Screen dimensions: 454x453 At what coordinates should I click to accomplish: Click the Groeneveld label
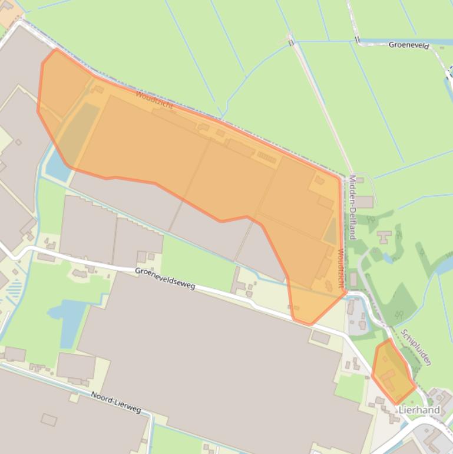pyautogui.click(x=409, y=45)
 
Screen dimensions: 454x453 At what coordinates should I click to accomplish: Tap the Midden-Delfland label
pyautogui.click(x=352, y=206)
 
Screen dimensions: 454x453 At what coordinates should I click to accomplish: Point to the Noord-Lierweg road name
pyautogui.click(x=116, y=402)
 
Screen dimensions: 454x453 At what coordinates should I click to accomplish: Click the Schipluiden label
pyautogui.click(x=416, y=347)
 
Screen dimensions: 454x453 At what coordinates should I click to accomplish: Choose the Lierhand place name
pyautogui.click(x=419, y=410)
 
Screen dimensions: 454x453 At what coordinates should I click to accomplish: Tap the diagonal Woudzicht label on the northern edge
pyautogui.click(x=154, y=100)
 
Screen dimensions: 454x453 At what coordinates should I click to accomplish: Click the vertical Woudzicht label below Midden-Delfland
pyautogui.click(x=341, y=268)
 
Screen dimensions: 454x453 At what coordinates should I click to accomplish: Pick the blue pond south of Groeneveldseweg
pyautogui.click(x=70, y=318)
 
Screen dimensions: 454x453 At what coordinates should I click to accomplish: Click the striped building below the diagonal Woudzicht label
pyautogui.click(x=266, y=157)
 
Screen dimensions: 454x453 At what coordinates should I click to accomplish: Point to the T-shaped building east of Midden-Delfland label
pyautogui.click(x=385, y=237)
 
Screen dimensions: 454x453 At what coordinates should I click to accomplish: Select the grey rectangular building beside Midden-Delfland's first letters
pyautogui.click(x=363, y=202)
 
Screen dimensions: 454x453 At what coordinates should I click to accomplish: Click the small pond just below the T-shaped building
pyautogui.click(x=388, y=257)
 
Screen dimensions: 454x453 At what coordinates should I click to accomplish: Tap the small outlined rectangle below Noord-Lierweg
pyautogui.click(x=49, y=420)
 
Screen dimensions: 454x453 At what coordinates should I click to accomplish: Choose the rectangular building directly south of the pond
pyautogui.click(x=75, y=366)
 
